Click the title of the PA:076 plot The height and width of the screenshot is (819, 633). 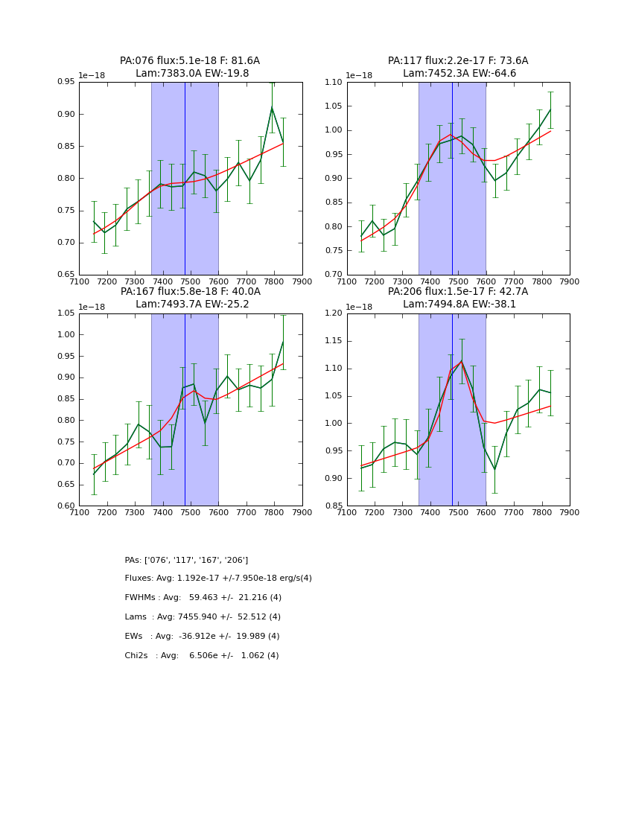tap(190, 61)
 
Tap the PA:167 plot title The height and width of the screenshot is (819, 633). tap(190, 292)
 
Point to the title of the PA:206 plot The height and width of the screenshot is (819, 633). tap(458, 292)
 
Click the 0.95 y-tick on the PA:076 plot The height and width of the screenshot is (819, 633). tap(66, 82)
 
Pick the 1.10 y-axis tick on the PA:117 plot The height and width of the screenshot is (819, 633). tap(334, 82)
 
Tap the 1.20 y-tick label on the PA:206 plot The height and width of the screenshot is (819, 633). tap(334, 313)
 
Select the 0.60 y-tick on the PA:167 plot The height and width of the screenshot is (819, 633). tap(66, 506)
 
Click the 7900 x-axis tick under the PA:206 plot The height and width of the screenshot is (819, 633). tap(570, 512)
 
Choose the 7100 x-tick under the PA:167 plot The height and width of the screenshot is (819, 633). tap(80, 512)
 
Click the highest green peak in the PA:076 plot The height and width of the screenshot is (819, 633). tap(272, 107)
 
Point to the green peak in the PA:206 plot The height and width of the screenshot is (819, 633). tap(461, 361)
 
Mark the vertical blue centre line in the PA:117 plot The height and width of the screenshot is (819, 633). tap(452, 179)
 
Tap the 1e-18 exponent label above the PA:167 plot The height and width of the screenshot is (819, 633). tap(92, 307)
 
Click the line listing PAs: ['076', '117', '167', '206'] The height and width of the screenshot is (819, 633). tap(186, 560)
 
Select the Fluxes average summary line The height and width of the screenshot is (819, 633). tap(218, 579)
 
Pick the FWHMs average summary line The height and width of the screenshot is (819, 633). tap(203, 598)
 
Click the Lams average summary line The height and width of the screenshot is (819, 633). tap(203, 617)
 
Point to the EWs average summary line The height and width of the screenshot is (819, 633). tap(202, 637)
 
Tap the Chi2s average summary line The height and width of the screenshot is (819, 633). tap(202, 656)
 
